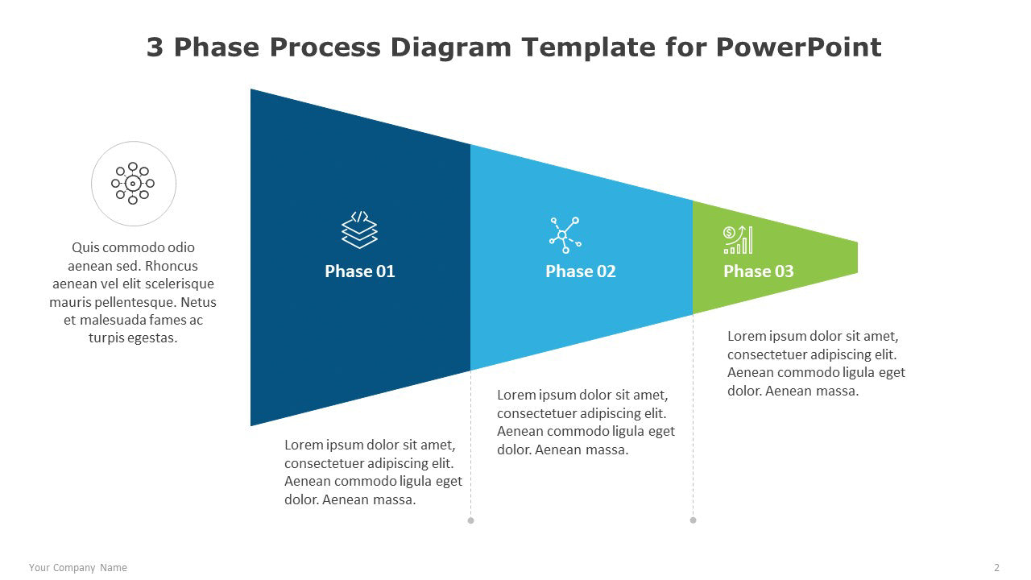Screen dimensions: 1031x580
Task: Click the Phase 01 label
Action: coord(359,271)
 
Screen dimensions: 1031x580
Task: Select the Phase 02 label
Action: coord(581,271)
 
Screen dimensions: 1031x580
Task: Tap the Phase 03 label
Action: coord(759,271)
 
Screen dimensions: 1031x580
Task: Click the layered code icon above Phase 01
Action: coord(359,230)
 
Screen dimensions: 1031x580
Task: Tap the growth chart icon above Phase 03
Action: coord(738,240)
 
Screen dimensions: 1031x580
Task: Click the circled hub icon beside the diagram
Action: coord(134,184)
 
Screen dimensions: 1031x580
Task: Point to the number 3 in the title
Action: coord(155,48)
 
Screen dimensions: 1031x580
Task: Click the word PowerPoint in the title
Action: coord(798,48)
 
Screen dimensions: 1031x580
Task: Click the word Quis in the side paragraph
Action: coord(85,247)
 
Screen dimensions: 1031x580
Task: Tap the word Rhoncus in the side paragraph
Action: coord(172,266)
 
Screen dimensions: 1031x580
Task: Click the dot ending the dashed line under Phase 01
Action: coord(470,520)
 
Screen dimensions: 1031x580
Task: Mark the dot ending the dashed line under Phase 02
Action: coord(694,520)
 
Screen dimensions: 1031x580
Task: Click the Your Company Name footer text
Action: coord(78,568)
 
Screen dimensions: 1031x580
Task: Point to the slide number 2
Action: coord(997,568)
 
